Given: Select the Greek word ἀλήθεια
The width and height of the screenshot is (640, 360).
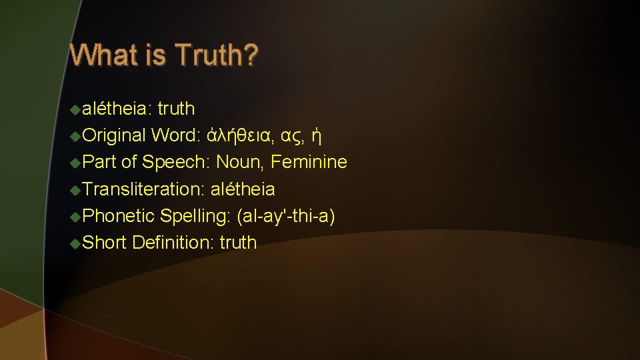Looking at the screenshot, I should (239, 136).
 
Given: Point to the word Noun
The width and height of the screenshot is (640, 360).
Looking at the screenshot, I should (239, 162).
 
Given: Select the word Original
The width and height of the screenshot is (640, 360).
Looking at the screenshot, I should (114, 136).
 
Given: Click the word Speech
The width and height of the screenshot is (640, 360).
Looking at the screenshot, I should (173, 162).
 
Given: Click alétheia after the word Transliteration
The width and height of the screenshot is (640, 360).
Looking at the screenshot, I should (243, 189).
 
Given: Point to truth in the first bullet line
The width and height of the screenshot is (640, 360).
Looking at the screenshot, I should (176, 109).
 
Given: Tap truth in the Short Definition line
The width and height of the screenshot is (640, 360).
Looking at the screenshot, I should (238, 243).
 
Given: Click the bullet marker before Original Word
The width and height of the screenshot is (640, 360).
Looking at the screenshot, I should (75, 136).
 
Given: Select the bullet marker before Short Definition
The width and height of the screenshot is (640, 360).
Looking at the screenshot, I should (75, 243).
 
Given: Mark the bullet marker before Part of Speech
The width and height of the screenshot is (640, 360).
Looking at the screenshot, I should (75, 162).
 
